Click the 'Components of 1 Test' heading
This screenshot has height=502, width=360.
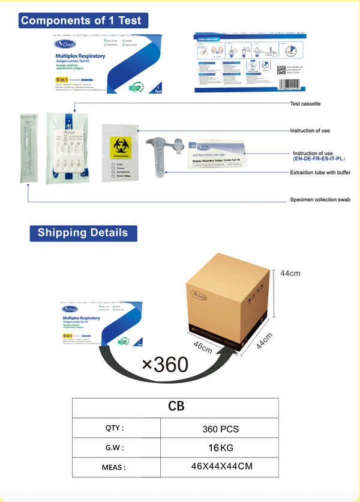(x=81, y=20)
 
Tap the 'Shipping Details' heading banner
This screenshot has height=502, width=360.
(x=83, y=233)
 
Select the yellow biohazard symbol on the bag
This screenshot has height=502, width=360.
(x=119, y=147)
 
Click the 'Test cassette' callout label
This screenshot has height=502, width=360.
(x=305, y=104)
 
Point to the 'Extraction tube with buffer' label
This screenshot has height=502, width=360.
(x=320, y=172)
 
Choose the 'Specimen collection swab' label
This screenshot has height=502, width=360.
(x=320, y=200)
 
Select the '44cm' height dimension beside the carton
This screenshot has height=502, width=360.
(x=290, y=273)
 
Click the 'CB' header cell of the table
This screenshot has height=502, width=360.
(x=176, y=407)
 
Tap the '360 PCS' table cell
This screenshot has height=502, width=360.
(x=220, y=429)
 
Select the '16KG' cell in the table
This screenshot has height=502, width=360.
(x=220, y=448)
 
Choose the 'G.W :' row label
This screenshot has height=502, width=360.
(x=116, y=448)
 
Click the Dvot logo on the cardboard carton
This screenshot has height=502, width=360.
(x=199, y=295)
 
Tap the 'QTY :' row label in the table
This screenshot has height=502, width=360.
(x=116, y=429)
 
